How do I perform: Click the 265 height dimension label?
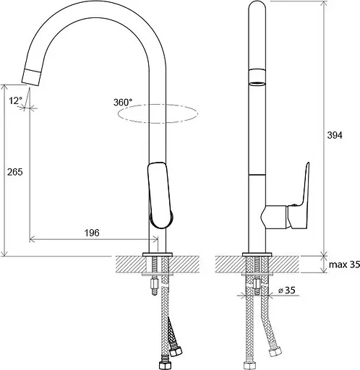coord(15,172)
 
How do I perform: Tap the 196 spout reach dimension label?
coord(92,233)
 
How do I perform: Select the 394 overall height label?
coord(335,135)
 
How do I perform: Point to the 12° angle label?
coord(16,100)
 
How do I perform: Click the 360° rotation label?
coord(123,103)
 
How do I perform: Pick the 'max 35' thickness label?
coord(344,264)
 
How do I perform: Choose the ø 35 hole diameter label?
coord(287,291)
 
